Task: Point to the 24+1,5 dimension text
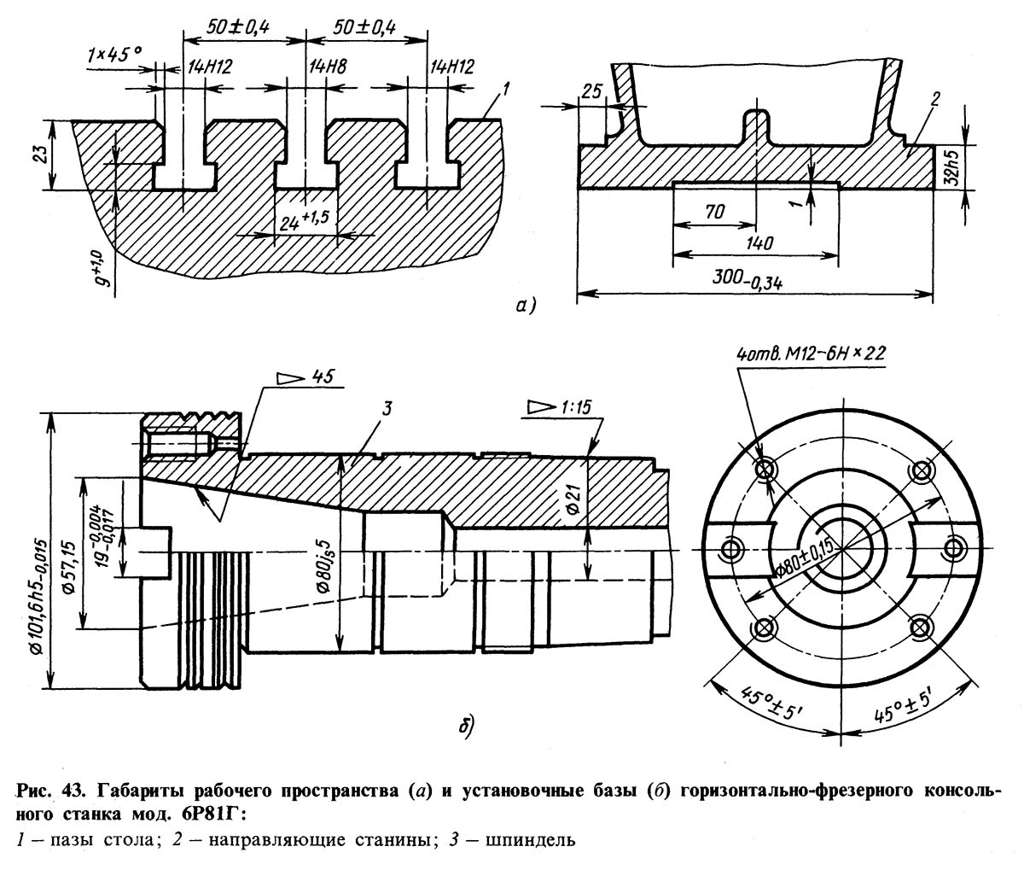pos(302,221)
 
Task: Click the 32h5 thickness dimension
pos(951,167)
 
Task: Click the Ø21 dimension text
pos(575,496)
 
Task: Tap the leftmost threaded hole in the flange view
pos(730,548)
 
